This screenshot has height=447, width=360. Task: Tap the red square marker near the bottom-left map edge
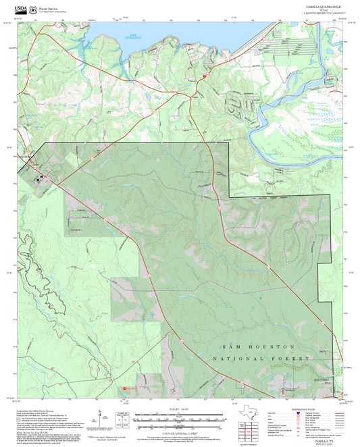coord(124,388)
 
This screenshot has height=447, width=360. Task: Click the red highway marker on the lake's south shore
coord(204,78)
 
